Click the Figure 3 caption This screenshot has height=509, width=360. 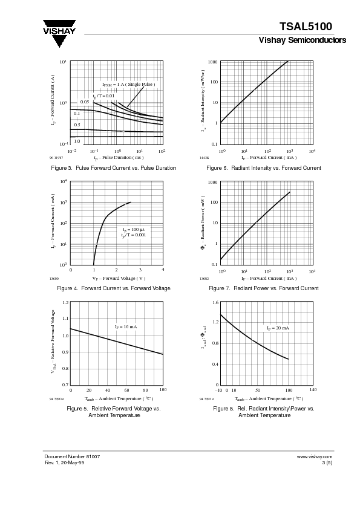click(x=114, y=167)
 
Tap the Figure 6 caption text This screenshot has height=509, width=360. click(x=263, y=167)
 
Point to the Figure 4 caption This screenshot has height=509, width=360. click(x=113, y=288)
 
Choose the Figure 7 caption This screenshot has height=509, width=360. click(x=263, y=288)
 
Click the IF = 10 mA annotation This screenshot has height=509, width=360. click(x=126, y=326)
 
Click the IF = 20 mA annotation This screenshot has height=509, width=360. click(x=278, y=328)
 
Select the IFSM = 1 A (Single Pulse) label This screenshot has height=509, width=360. click(x=128, y=85)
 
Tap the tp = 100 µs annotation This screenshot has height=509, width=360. click(x=134, y=230)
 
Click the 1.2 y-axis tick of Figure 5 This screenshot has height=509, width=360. click(x=65, y=302)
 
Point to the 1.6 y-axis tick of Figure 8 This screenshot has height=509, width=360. click(x=215, y=302)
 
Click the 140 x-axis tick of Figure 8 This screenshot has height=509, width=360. click(x=313, y=390)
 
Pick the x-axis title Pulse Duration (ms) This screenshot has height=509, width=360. click(x=118, y=157)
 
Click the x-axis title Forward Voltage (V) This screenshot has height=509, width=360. click(x=119, y=278)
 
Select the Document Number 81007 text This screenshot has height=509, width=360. click(x=72, y=456)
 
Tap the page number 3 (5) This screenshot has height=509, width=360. click(x=327, y=462)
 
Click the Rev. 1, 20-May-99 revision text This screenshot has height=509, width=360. click(x=64, y=462)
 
